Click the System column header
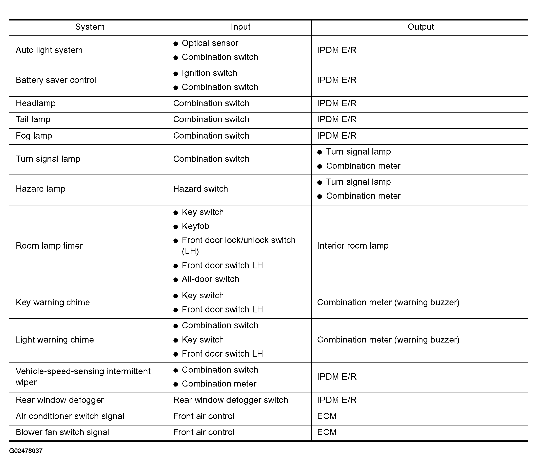click(89, 27)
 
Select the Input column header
click(240, 27)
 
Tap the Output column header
click(420, 27)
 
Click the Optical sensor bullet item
click(210, 43)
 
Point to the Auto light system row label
click(49, 50)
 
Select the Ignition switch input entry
click(209, 73)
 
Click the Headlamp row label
click(35, 103)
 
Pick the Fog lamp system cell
click(34, 136)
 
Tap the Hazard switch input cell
click(200, 189)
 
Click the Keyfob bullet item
click(195, 226)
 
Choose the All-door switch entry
click(210, 279)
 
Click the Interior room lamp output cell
click(353, 246)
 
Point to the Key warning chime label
click(53, 302)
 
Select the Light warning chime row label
click(55, 339)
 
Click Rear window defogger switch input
click(230, 400)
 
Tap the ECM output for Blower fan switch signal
click(327, 432)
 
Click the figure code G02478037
click(26, 451)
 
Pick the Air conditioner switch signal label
click(70, 416)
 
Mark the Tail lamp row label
click(33, 119)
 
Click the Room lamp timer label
click(49, 246)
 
